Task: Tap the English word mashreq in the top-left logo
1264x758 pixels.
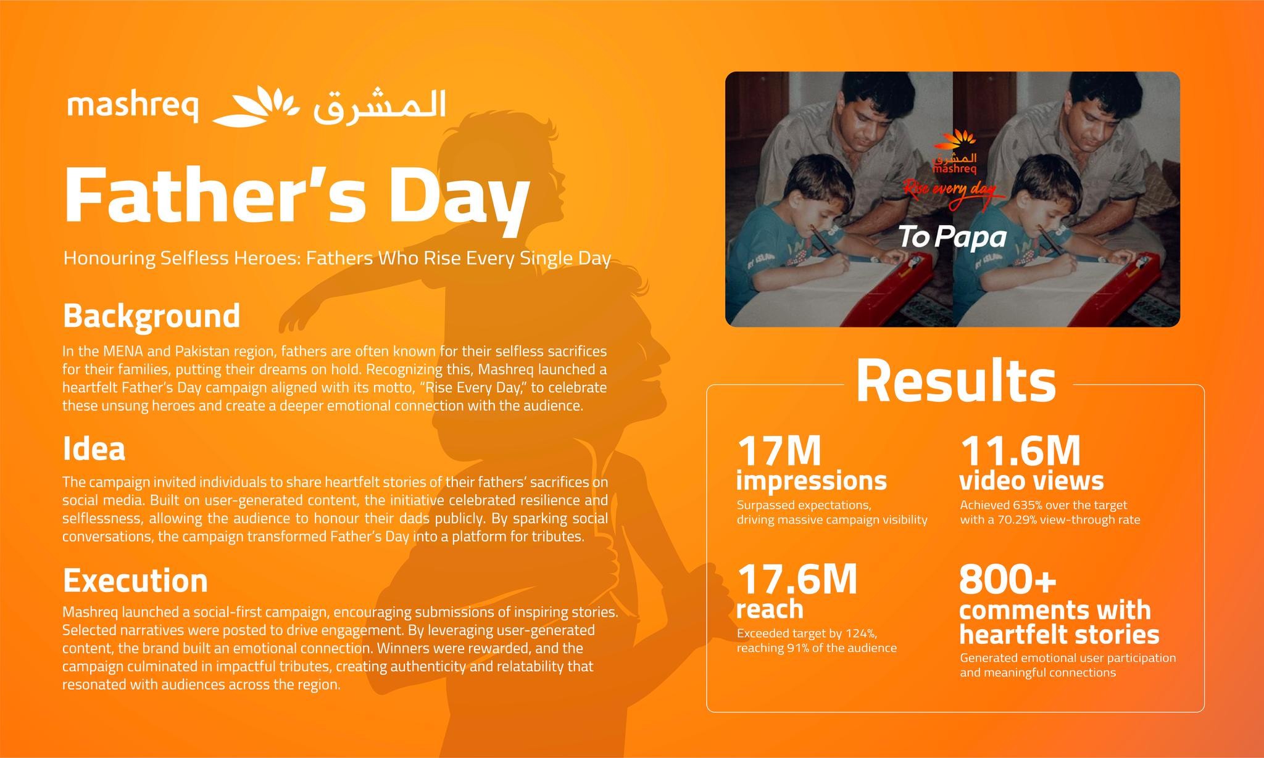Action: [x=133, y=108]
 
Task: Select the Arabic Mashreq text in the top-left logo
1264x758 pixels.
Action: [x=380, y=106]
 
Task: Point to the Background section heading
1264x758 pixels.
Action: [x=152, y=316]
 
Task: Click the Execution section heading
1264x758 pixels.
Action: [x=136, y=580]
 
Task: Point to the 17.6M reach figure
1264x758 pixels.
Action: [x=797, y=579]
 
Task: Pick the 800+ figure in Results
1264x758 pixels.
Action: [x=1008, y=579]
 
